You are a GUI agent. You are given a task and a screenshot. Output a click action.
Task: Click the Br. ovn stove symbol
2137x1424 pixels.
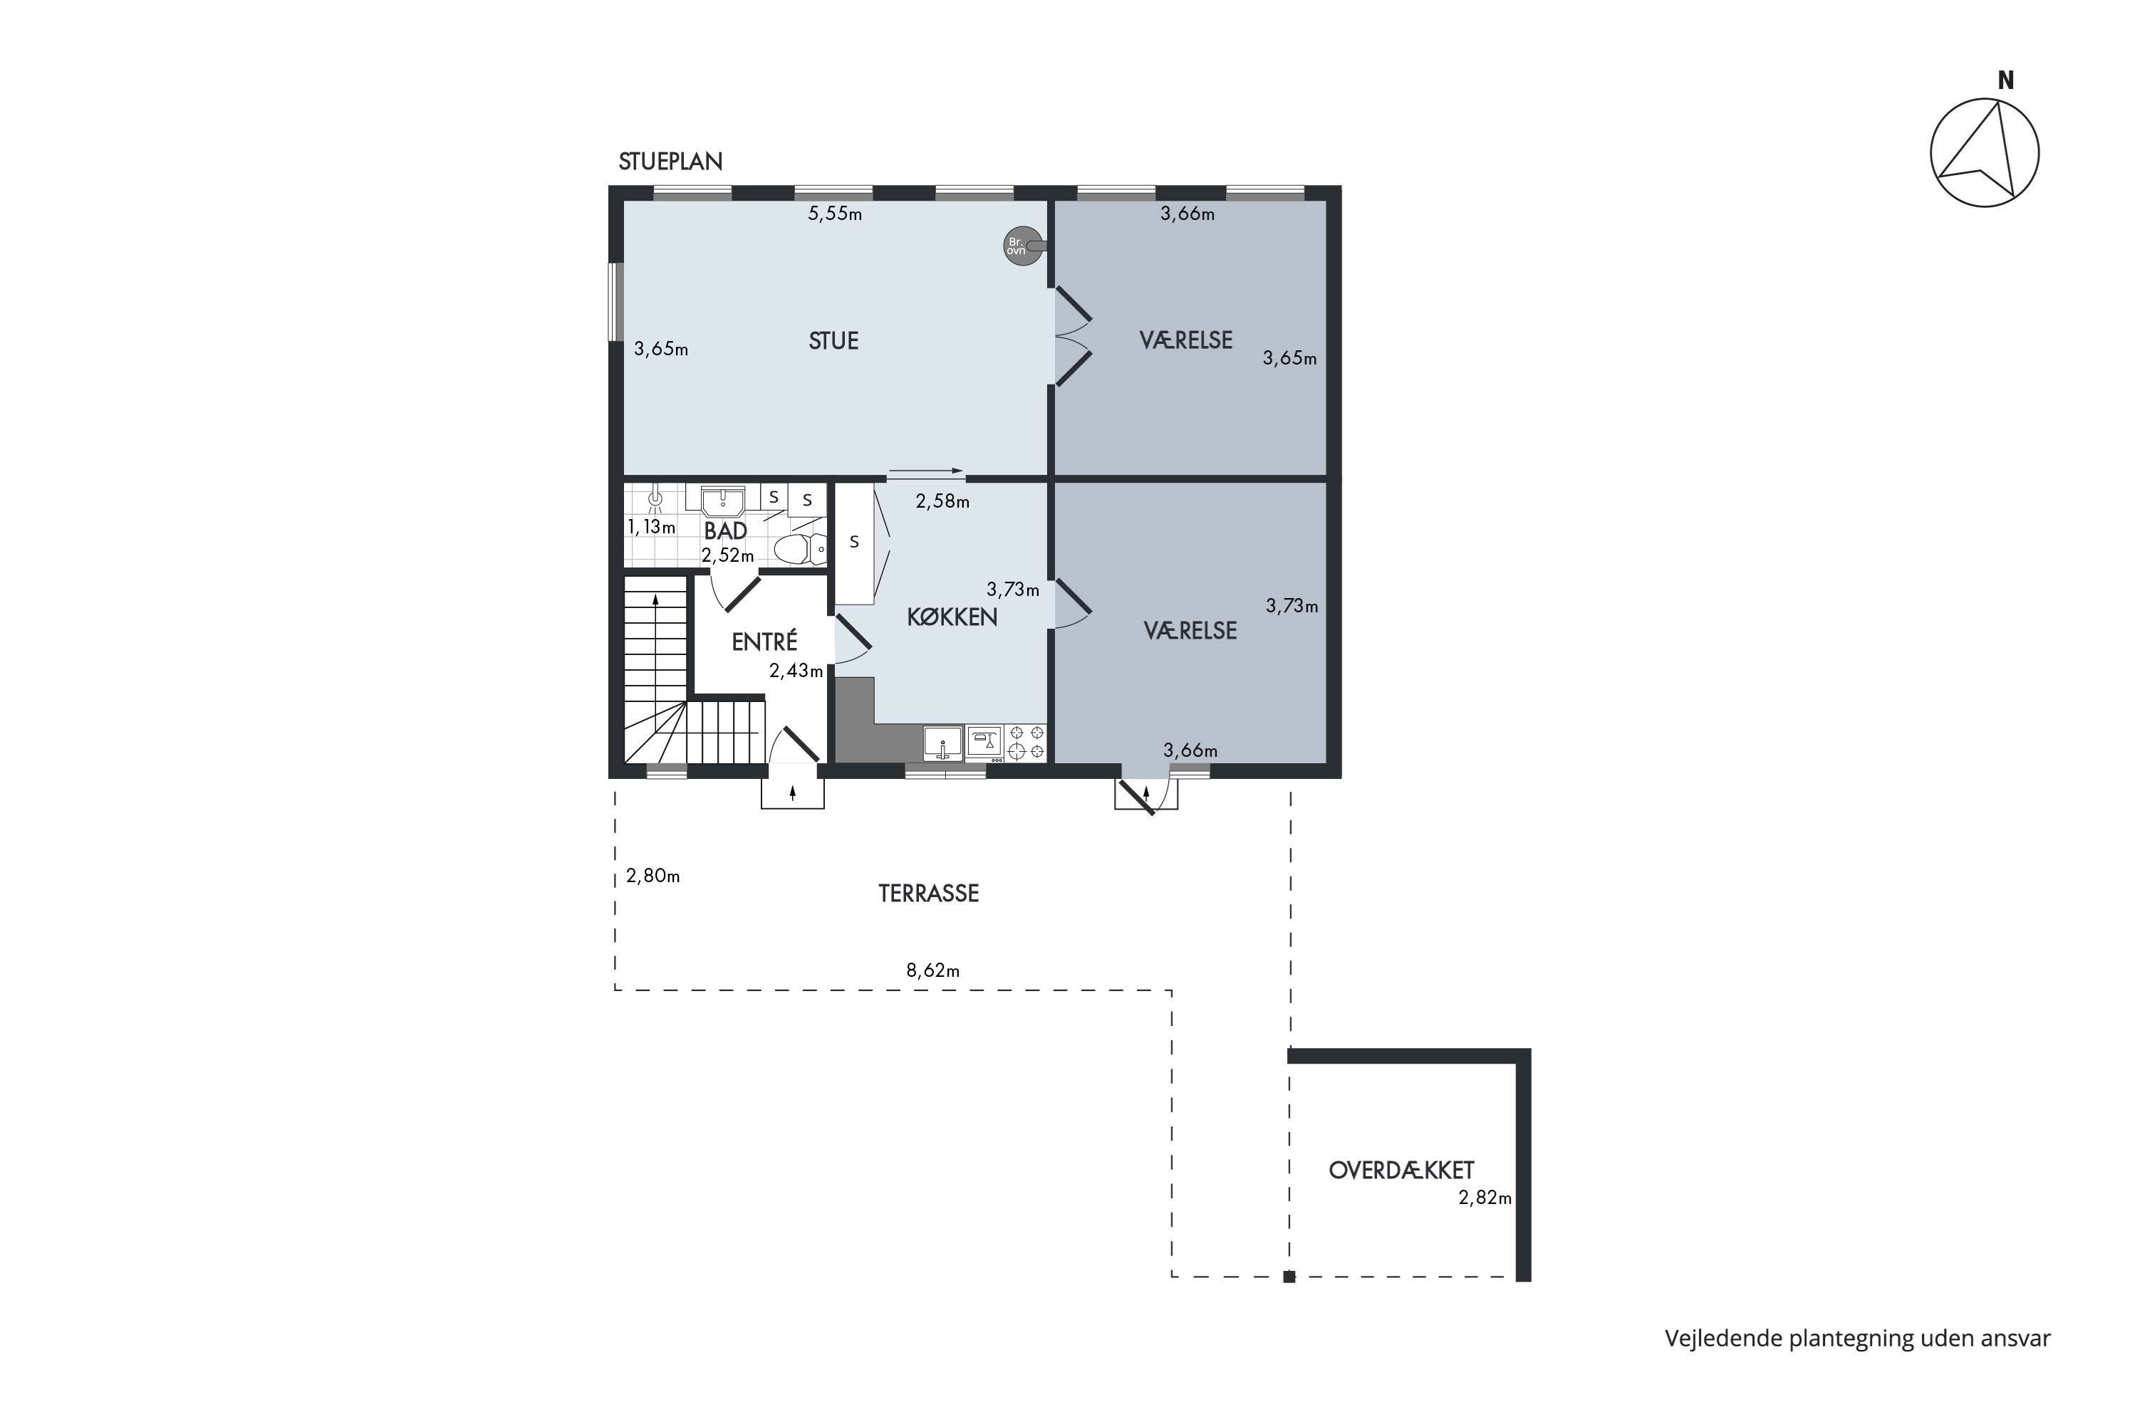(1021, 245)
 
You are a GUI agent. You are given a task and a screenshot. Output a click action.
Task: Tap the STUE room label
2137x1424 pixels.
(833, 340)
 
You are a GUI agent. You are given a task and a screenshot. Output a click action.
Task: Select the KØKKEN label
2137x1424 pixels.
(951, 617)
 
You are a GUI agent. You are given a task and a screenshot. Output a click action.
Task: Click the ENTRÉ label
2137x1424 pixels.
(764, 642)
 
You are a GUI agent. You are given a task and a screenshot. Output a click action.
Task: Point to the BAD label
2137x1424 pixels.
(725, 531)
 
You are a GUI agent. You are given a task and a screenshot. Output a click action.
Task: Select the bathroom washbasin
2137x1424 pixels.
(722, 501)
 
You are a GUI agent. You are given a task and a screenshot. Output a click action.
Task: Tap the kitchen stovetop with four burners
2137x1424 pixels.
(1026, 742)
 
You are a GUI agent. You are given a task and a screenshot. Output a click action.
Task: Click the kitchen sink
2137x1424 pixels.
(943, 743)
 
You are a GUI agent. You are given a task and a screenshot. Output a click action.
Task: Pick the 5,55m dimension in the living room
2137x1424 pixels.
(835, 214)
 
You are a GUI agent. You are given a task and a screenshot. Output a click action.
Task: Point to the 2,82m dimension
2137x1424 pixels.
(1485, 1198)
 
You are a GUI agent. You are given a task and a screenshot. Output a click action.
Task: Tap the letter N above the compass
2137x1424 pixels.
(2006, 81)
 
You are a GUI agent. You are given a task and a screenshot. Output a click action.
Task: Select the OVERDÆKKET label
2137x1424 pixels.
(1401, 1171)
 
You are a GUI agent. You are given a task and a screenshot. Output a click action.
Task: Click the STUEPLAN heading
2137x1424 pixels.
(670, 162)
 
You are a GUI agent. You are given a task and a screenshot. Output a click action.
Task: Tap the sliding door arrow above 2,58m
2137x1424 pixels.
(925, 471)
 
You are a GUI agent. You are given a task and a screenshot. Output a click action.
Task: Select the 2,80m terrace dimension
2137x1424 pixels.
(652, 876)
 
